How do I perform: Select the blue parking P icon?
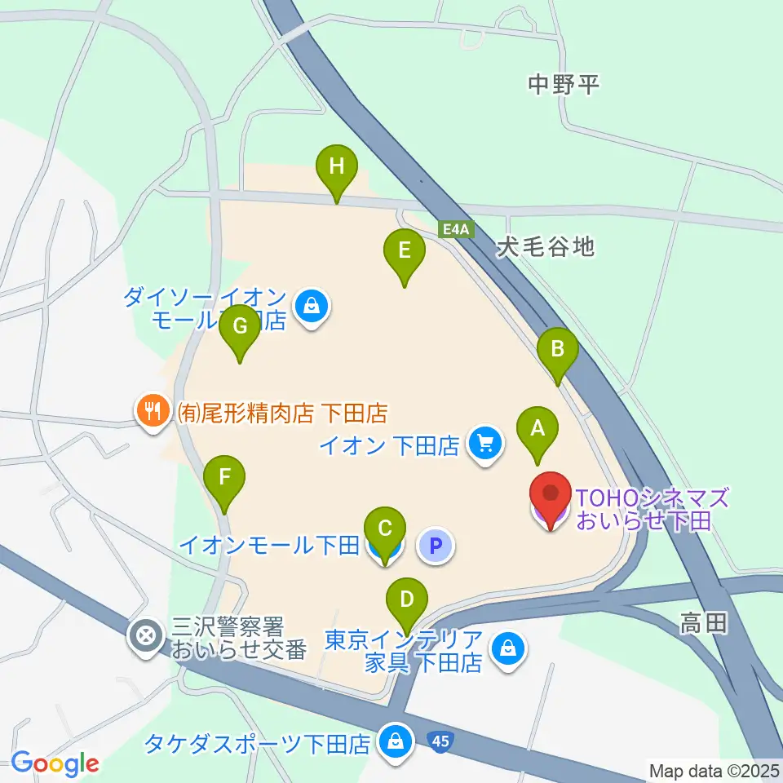click(x=436, y=545)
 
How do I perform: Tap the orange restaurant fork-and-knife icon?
click(x=153, y=409)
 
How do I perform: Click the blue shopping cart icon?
click(x=487, y=445)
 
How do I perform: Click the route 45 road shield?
click(x=440, y=741)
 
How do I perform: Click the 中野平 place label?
click(x=563, y=84)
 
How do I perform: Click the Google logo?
click(x=55, y=763)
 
